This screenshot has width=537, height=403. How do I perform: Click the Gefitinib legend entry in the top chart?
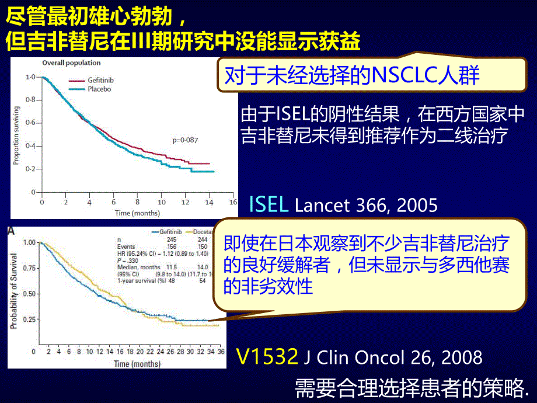[x=100, y=81]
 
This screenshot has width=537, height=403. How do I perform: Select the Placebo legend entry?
[x=99, y=89]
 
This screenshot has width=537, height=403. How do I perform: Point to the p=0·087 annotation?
[x=186, y=140]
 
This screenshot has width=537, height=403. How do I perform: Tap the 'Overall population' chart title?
[x=71, y=62]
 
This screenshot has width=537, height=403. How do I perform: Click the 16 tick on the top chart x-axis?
[x=233, y=202]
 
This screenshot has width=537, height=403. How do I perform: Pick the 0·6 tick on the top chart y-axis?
[x=29, y=123]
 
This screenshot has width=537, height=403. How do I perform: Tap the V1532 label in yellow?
[x=267, y=357]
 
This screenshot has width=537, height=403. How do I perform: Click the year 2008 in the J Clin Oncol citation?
[x=461, y=357]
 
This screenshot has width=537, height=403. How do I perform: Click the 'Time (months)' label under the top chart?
[x=137, y=213]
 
